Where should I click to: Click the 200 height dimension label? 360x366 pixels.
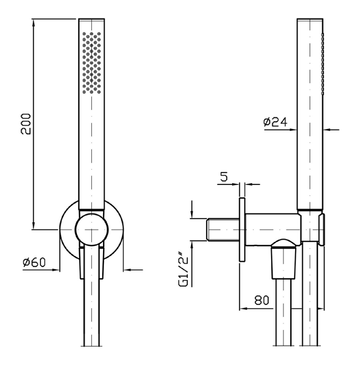(26, 124)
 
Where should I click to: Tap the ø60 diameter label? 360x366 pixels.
(34, 262)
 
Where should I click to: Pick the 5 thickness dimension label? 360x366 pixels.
(224, 177)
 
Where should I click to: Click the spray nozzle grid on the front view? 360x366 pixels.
(92, 63)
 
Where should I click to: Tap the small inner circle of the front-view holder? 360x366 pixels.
(91, 230)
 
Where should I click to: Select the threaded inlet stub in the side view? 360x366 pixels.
(223, 230)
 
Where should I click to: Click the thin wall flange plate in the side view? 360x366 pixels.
(242, 230)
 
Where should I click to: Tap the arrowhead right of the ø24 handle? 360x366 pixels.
(327, 130)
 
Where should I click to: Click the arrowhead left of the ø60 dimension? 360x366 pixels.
(56, 270)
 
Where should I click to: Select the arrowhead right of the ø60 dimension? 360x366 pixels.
(127, 270)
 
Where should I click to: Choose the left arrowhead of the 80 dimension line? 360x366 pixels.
(244, 309)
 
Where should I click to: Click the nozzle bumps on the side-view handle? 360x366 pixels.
(323, 64)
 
